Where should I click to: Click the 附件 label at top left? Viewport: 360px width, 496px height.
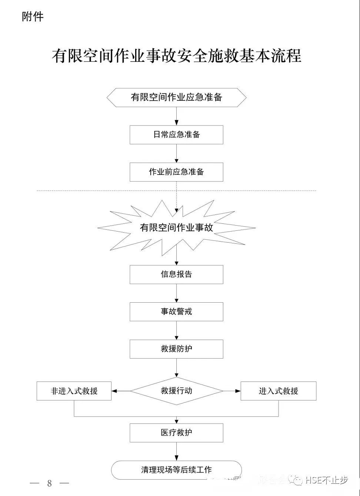33,17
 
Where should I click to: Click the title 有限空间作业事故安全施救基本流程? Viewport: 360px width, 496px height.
176,56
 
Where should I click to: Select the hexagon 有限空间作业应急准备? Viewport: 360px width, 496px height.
176,97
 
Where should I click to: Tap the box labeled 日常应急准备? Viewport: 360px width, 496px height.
176,134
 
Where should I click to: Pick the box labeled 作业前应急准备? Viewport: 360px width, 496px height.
176,172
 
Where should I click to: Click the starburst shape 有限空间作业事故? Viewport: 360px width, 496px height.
176,227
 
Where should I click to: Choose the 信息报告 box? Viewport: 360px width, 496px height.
176,274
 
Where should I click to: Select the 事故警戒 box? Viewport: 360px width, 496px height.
176,312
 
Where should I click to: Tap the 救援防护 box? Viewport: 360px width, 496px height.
176,349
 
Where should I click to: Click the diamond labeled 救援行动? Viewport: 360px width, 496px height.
176,391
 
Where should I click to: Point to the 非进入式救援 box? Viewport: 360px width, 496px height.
74,391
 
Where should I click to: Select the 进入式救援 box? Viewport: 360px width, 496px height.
279,391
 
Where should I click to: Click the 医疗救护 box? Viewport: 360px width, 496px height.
176,433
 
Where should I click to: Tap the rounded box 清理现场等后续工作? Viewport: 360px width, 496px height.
176,470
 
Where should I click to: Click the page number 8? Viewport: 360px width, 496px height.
49,483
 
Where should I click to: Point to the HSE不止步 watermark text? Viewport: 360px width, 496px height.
326,480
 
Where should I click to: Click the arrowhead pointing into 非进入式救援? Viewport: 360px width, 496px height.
114,391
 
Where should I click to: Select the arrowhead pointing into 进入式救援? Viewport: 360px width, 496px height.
238,391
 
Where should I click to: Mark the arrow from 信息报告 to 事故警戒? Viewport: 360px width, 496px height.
176,293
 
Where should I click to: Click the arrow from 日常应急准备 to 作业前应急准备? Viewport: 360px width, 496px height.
176,153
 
